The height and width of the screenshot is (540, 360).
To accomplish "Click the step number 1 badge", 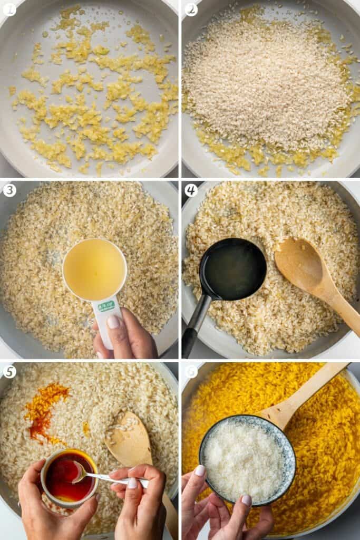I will (9, 9).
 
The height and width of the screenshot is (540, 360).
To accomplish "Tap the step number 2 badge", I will (191, 9).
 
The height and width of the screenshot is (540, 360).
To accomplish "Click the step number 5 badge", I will (9, 371).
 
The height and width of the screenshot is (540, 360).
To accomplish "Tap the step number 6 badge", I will (191, 371).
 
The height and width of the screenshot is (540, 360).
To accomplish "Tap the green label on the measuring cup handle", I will (107, 306).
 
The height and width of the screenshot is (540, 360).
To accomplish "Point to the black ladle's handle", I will (195, 322).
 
